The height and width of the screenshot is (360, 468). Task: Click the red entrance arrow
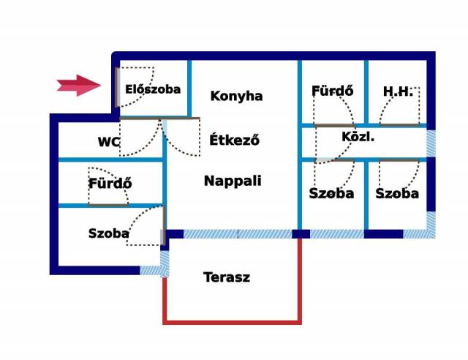[79, 86]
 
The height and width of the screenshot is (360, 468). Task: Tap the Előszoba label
[153, 89]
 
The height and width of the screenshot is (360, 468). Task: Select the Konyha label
[236, 96]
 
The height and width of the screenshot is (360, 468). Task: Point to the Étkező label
[234, 140]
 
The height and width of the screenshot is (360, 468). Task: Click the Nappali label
[233, 181]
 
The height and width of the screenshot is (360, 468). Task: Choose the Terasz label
[227, 277]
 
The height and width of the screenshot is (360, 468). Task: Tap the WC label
[109, 142]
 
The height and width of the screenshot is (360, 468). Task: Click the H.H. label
[398, 91]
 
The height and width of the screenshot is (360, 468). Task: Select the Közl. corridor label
[358, 137]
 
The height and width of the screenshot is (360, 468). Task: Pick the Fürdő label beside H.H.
[333, 91]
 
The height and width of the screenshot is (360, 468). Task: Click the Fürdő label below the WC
[110, 183]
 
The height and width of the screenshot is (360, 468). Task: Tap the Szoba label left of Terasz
[109, 233]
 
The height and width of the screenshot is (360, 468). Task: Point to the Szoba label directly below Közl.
[331, 194]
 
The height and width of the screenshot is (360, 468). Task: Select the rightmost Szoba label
[397, 194]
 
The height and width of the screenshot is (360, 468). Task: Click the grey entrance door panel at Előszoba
[118, 87]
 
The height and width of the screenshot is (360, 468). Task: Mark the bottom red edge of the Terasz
[232, 323]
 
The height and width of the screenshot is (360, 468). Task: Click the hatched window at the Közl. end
[431, 143]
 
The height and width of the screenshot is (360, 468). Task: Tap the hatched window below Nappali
[238, 234]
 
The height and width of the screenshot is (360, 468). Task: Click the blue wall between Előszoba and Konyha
[189, 88]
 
